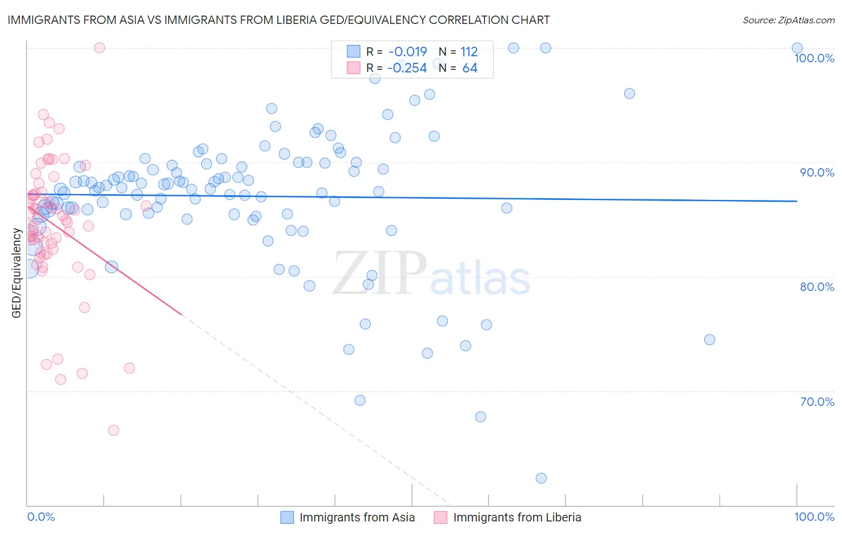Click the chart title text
coord(278,20)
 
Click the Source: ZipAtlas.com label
coord(788,20)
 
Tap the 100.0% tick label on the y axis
coord(814,58)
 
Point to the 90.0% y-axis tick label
coord(817,172)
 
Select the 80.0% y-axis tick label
coord(817,287)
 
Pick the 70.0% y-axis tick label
coord(817,402)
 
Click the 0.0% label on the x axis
coord(41,517)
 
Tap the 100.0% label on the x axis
coord(814,517)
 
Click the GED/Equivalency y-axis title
coord(17,273)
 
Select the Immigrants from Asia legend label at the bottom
coord(357,517)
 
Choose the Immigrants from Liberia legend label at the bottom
coord(517,517)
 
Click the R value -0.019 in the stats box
coord(407,52)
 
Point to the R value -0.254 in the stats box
coord(407,68)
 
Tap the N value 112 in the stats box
coord(469,52)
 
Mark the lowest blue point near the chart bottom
coord(541,478)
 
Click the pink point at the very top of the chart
coord(99,48)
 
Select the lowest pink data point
coord(114,430)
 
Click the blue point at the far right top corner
coord(797,48)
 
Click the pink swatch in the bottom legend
coord(441,517)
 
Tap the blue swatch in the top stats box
coord(354,52)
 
